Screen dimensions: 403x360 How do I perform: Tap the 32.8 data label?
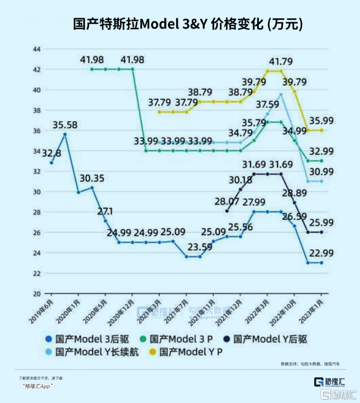[x=51, y=153]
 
